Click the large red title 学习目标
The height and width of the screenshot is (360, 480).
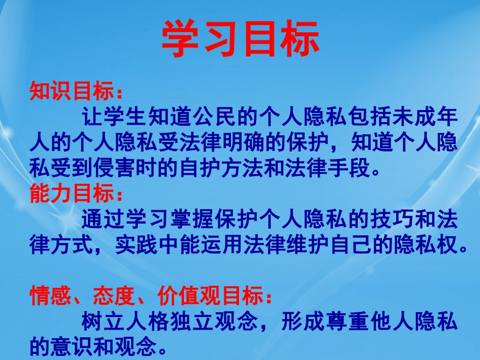coord(241,39)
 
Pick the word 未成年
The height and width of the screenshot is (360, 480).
coord(424,118)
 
